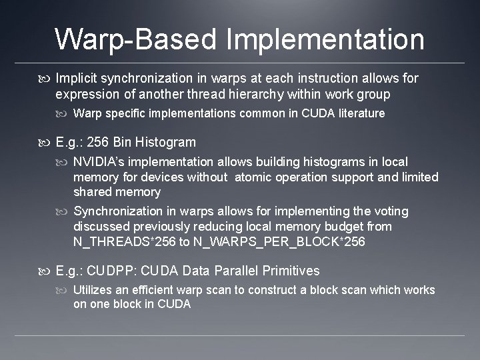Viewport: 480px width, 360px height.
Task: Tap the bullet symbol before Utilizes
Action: tap(64, 290)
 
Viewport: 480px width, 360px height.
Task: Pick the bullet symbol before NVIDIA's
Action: tap(64, 162)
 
